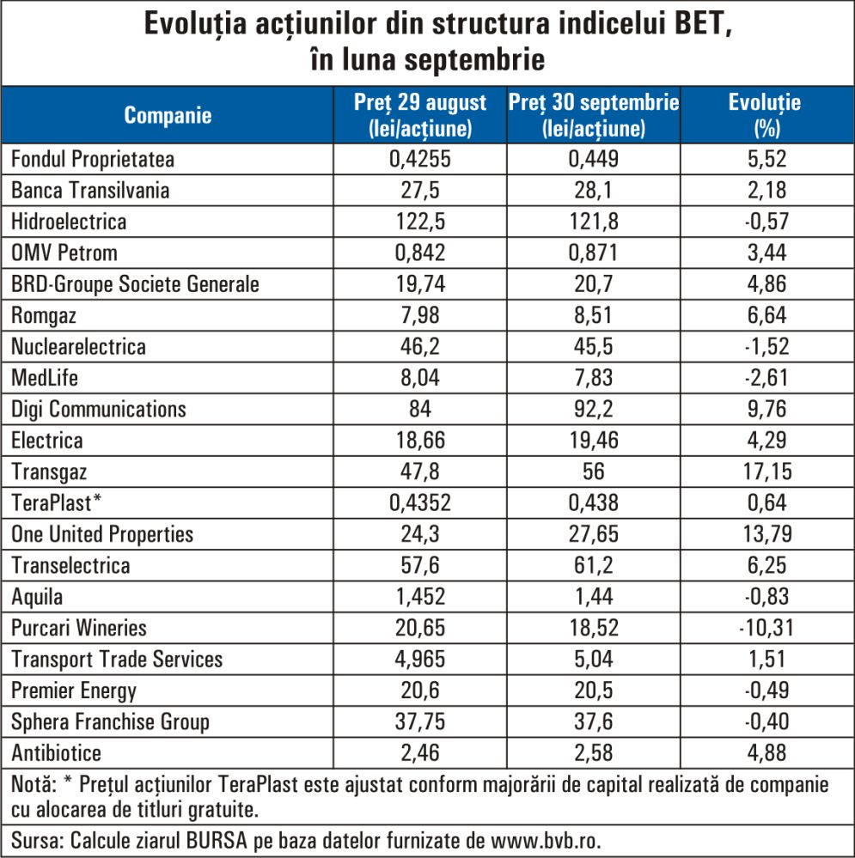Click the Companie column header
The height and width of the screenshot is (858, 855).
[168, 116]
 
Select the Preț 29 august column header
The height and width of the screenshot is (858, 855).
[420, 116]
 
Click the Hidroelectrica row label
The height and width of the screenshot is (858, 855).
[69, 222]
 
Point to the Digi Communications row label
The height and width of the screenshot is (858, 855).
[99, 409]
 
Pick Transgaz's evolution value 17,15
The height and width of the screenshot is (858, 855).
[765, 472]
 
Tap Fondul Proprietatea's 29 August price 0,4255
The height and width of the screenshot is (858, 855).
[420, 160]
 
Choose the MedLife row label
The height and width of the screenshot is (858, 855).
[44, 378]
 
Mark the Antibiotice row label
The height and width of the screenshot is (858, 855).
[56, 753]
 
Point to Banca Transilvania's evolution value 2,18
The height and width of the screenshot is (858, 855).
[765, 191]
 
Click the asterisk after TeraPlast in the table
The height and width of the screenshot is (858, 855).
[97, 501]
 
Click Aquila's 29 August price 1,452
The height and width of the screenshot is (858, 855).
[420, 597]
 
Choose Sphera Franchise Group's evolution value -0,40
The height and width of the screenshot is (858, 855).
[765, 722]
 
